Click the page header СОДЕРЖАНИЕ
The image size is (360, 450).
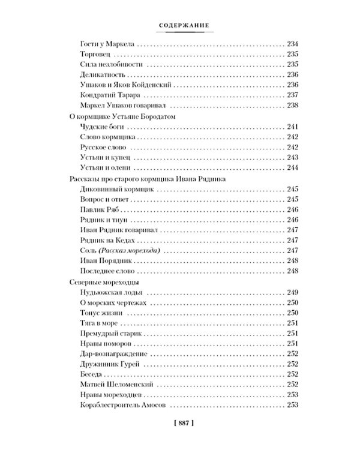point(180,25)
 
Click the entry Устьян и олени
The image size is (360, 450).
point(103,167)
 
